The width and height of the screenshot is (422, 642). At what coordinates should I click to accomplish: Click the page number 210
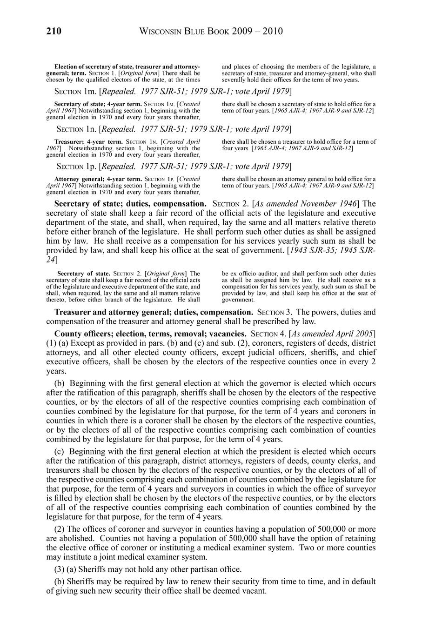point(54,32)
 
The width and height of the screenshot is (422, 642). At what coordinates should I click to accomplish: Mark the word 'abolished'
point(76,538)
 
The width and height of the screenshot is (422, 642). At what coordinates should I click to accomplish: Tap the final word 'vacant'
point(254,591)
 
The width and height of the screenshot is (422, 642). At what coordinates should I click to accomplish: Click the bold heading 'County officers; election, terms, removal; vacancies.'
point(150,334)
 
